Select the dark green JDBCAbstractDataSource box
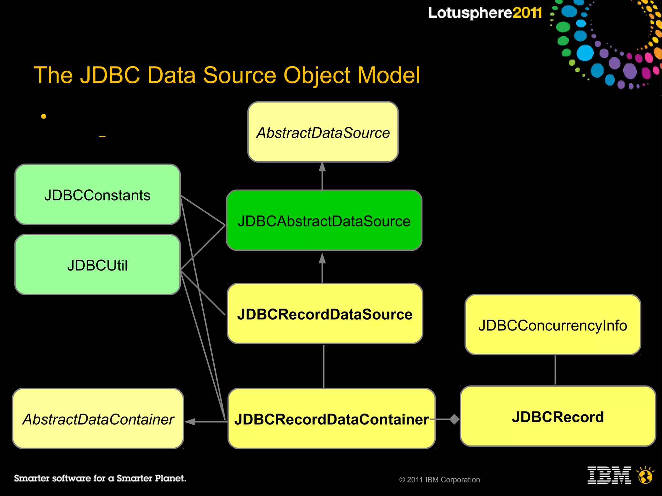click(x=324, y=220)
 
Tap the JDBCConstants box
click(x=97, y=195)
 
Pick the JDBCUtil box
click(x=97, y=265)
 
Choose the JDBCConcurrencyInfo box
click(x=553, y=325)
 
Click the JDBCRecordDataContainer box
click(x=331, y=418)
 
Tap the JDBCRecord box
click(x=558, y=416)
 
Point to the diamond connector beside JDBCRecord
click(x=454, y=419)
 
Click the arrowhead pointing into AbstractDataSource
click(x=322, y=167)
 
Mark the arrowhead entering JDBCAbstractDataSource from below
click(x=322, y=258)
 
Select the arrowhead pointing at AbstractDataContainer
click(x=190, y=421)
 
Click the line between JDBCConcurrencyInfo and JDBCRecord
click(x=555, y=370)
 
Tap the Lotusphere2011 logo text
click(x=485, y=13)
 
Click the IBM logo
click(x=609, y=475)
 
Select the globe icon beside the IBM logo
click(x=645, y=476)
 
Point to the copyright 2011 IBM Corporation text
click(x=440, y=480)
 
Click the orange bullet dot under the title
click(x=44, y=116)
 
